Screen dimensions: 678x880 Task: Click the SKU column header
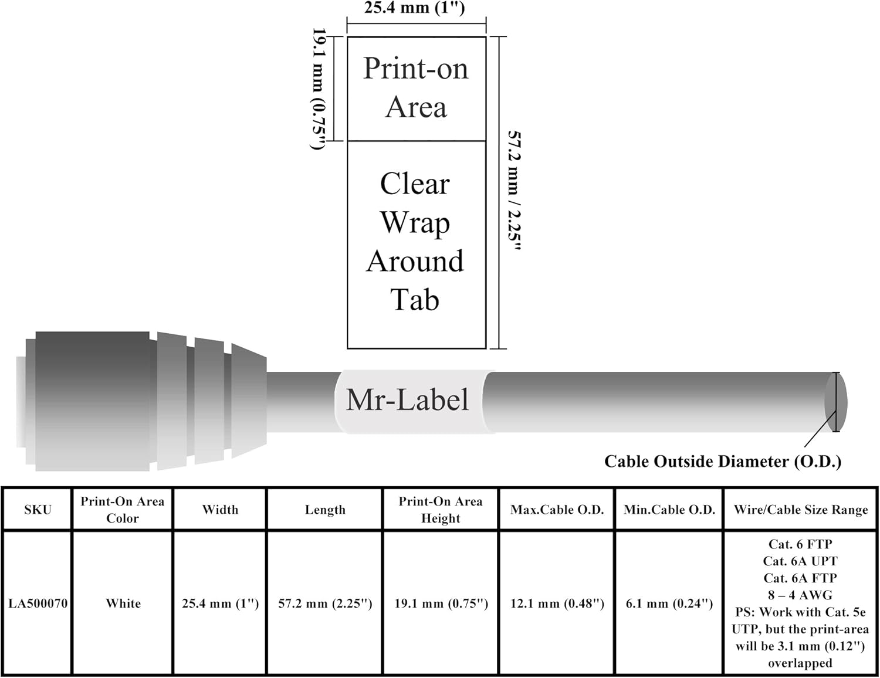click(38, 510)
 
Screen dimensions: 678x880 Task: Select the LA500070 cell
click(38, 604)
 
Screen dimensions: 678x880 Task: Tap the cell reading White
click(123, 604)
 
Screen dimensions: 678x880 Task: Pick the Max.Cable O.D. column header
click(557, 510)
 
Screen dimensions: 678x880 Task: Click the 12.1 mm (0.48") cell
click(557, 604)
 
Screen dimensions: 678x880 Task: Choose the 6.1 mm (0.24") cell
click(669, 604)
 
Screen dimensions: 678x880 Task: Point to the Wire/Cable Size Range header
click(800, 510)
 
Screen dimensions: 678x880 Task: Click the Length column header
click(325, 510)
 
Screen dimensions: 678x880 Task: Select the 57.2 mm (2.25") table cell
click(325, 604)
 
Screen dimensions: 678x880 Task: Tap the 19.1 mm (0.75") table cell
click(441, 604)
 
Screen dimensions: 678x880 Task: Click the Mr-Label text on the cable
click(408, 401)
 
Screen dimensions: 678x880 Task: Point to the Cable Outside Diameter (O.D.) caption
click(723, 462)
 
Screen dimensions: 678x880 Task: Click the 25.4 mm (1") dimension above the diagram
click(414, 8)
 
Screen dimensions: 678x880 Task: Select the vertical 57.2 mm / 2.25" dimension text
click(515, 191)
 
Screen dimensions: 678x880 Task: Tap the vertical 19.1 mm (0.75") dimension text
click(319, 89)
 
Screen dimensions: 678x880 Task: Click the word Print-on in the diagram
click(416, 69)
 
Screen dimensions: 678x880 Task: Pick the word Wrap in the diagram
click(415, 223)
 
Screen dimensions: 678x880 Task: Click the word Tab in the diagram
click(415, 300)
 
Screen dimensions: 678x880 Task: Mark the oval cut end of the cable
click(835, 402)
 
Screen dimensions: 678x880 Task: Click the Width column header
click(220, 510)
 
